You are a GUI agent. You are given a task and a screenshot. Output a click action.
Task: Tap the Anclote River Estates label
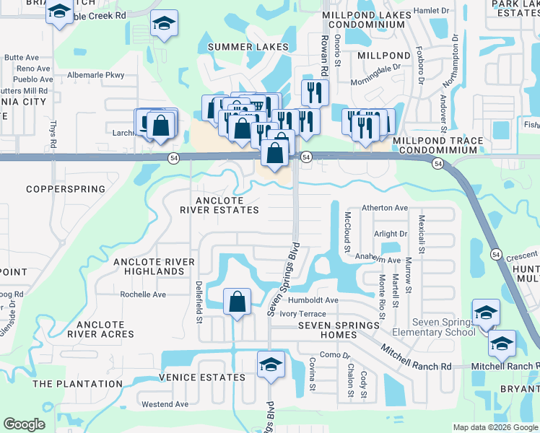(219, 205)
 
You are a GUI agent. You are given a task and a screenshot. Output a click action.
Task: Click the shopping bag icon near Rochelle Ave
(237, 302)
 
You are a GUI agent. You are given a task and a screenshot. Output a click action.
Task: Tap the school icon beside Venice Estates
(271, 364)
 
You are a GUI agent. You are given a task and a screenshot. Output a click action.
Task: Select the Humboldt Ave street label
(313, 300)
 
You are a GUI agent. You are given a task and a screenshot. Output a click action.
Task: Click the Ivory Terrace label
(303, 314)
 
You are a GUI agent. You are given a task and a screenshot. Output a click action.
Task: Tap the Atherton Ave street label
(385, 208)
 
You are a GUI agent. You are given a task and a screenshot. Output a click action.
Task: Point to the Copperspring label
(66, 189)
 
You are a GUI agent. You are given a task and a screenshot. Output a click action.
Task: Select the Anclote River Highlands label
(154, 266)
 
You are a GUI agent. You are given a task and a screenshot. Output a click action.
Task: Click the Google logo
(25, 424)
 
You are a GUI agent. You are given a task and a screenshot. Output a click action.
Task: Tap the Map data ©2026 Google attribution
(495, 427)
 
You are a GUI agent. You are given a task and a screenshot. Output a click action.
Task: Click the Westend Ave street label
(165, 404)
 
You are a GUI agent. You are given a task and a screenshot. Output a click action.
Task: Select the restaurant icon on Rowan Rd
(315, 92)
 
